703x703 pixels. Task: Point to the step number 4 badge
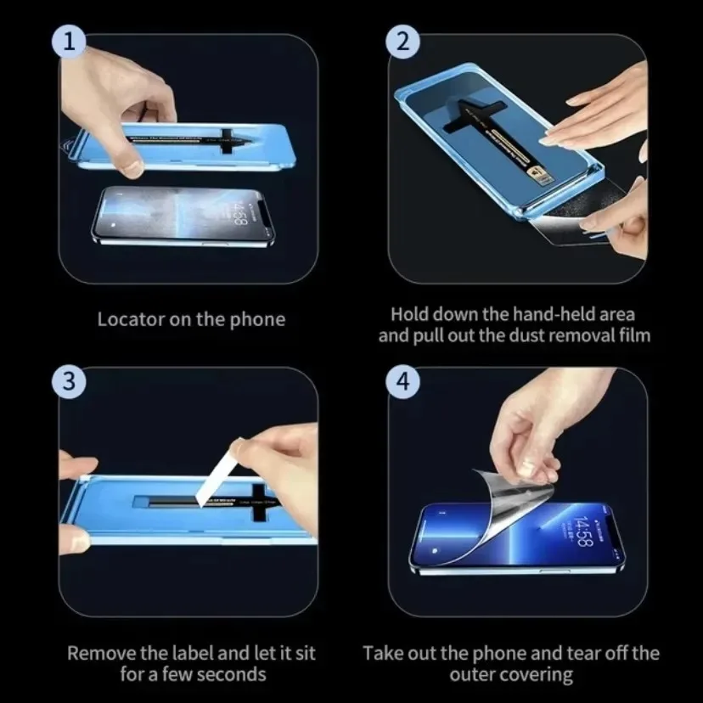click(x=402, y=380)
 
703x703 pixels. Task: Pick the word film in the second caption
click(x=633, y=335)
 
